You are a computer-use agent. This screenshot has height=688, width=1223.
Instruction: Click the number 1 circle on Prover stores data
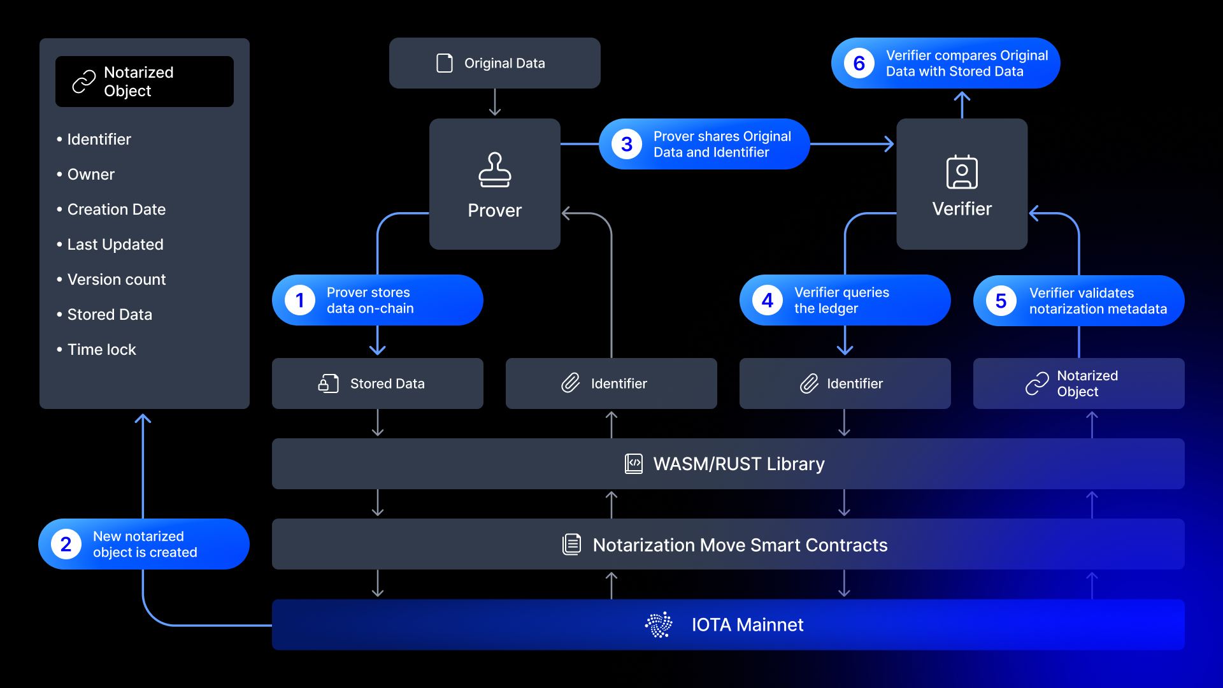(x=300, y=300)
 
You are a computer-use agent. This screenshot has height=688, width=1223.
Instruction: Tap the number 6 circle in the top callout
(x=859, y=63)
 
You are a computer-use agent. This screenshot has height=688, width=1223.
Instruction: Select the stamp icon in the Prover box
(x=494, y=170)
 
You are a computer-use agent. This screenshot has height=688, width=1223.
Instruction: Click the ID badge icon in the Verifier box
(x=962, y=172)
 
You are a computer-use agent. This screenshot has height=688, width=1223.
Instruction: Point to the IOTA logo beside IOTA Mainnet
(x=659, y=624)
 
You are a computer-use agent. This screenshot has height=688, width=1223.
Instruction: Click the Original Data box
(x=494, y=63)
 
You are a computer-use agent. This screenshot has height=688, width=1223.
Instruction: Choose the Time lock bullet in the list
(x=101, y=350)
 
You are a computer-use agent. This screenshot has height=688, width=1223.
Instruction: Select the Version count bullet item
(x=116, y=280)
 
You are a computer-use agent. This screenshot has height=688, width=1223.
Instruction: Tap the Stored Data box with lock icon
(x=377, y=383)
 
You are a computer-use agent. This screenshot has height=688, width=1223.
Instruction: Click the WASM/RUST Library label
(x=738, y=464)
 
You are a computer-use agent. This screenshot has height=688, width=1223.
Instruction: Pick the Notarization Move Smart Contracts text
(x=740, y=545)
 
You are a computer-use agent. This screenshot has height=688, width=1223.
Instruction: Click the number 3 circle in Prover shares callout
(x=627, y=144)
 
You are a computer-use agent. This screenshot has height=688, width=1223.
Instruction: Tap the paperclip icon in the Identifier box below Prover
(x=571, y=383)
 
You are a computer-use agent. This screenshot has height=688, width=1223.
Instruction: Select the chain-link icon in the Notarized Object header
(x=84, y=82)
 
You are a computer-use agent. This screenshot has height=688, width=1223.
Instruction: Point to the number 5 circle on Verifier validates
(x=1001, y=301)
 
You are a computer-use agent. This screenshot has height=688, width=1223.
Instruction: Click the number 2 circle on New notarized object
(x=66, y=544)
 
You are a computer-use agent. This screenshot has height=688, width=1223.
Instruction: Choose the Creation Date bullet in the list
(x=116, y=210)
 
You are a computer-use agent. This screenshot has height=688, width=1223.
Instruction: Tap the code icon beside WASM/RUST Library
(x=634, y=464)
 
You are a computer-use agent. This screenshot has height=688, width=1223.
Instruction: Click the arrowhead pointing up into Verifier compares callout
(x=962, y=97)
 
